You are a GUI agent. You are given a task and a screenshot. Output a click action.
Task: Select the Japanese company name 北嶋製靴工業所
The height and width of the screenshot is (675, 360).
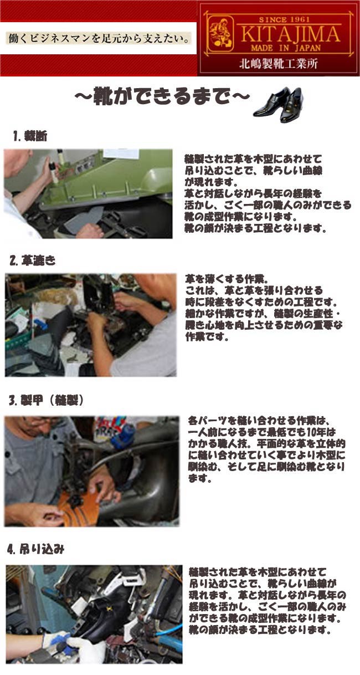277,64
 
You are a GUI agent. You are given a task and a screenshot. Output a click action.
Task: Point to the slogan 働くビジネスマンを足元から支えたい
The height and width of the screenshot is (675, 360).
99,39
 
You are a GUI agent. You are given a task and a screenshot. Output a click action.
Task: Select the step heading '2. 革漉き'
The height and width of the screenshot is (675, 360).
32,260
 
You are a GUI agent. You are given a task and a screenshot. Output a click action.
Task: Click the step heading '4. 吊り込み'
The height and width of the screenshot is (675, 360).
36,550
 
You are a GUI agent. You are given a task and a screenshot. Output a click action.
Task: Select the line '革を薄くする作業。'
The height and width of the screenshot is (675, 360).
227,279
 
